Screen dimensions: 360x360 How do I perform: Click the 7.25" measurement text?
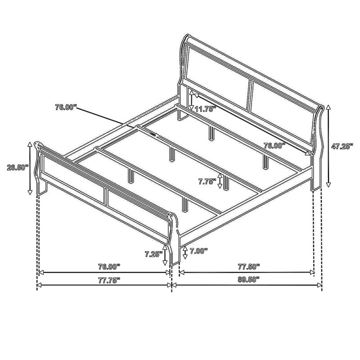pyautogui.click(x=153, y=254)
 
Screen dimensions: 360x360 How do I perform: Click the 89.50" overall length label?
pyautogui.click(x=248, y=279)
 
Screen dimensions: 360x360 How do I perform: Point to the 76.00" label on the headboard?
pyautogui.click(x=274, y=145)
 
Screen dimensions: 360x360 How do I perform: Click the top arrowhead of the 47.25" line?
pyautogui.click(x=329, y=106)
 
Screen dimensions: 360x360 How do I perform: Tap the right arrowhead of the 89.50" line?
pyautogui.click(x=320, y=285)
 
